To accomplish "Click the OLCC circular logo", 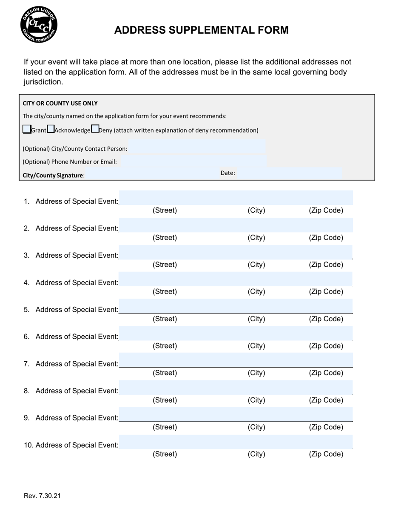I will pos(39,25).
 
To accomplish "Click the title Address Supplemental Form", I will pos(201,30).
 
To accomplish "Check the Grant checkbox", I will pos(27,129).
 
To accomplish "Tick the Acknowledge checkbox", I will pos(51,129).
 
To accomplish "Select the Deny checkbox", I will pos(95,129).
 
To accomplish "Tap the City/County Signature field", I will pos(151,174).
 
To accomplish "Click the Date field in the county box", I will pos(289,173).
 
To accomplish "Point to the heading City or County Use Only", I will pos(60,103).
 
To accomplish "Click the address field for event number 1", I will pos(236,198).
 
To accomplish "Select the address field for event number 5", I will pos(236,306).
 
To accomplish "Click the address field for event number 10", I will pos(236,442).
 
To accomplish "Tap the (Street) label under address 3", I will pos(165,265).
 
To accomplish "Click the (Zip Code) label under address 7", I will pos(326,373).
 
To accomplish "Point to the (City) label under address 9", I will pos(256,427).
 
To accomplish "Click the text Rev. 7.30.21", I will pos(42,495).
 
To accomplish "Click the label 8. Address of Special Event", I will pos(71,391).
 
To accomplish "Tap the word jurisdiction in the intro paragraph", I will pos(43,82).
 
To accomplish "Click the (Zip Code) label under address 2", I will pos(326,238).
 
